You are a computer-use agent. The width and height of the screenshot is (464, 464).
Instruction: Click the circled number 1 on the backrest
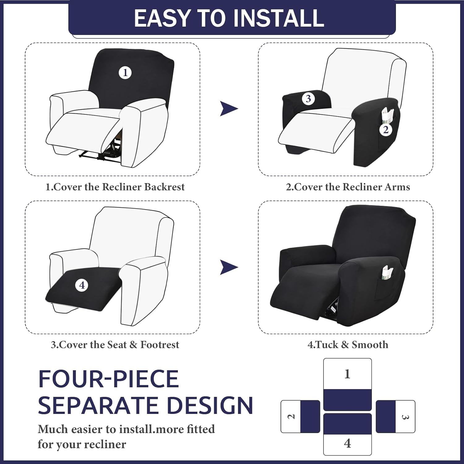(125, 73)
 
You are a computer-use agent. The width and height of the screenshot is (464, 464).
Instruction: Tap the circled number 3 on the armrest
(308, 99)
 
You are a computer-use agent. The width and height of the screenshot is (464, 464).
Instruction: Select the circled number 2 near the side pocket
(386, 130)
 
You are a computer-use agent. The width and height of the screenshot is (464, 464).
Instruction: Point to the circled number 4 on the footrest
(82, 285)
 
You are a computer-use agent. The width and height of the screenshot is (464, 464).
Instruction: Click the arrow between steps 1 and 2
(229, 109)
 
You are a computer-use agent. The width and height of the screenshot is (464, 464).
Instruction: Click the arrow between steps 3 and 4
(229, 267)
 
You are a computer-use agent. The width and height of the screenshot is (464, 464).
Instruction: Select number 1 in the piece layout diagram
(347, 374)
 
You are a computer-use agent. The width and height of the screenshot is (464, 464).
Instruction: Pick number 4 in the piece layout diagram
(347, 444)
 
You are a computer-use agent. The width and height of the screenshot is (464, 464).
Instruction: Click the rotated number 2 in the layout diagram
(291, 417)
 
